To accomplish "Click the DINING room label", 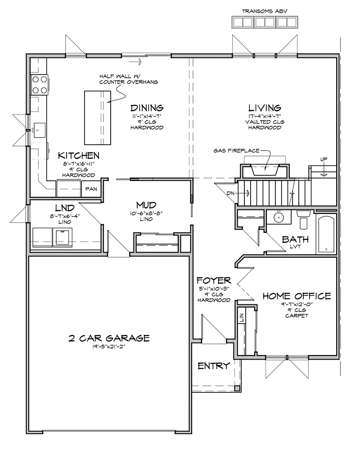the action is click(x=147, y=108).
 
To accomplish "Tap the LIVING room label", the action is click(x=265, y=108).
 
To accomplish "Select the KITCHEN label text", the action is click(x=79, y=156).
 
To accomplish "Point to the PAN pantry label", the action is click(x=91, y=189).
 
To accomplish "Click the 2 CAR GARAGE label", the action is click(x=109, y=338).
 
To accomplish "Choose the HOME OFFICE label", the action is click(x=297, y=296).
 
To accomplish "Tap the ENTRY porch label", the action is click(x=214, y=366).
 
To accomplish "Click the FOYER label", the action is click(x=214, y=280).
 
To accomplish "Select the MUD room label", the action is click(x=146, y=205).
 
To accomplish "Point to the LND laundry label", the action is click(x=65, y=208).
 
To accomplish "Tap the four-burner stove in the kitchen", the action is click(x=40, y=85).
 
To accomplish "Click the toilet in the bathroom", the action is click(x=303, y=219).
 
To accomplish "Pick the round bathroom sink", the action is click(x=279, y=217).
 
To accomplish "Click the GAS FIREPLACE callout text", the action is click(x=236, y=151).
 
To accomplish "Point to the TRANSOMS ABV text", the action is click(x=265, y=12).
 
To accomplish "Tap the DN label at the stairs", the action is click(x=231, y=193).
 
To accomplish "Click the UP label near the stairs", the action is click(x=324, y=159).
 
